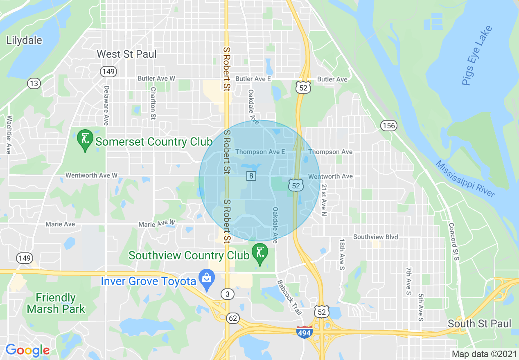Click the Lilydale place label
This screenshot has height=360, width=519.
click(x=24, y=40)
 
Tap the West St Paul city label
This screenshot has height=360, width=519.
click(x=126, y=54)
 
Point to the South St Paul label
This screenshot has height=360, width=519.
click(x=479, y=324)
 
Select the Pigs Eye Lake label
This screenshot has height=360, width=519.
click(x=477, y=56)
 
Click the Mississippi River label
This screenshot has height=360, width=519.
click(x=465, y=179)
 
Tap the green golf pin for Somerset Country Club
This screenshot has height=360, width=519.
click(x=85, y=140)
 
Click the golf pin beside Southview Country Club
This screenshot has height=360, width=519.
click(x=259, y=254)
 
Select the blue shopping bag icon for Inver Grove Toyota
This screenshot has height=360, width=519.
click(x=207, y=279)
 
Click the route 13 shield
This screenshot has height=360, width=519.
click(x=34, y=84)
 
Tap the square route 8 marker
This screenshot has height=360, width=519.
click(x=251, y=176)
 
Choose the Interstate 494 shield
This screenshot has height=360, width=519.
click(x=304, y=332)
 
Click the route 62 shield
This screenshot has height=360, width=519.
click(x=232, y=318)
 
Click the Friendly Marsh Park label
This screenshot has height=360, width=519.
click(x=56, y=303)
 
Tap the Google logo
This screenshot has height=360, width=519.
click(x=27, y=350)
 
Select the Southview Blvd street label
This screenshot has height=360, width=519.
click(x=375, y=237)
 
